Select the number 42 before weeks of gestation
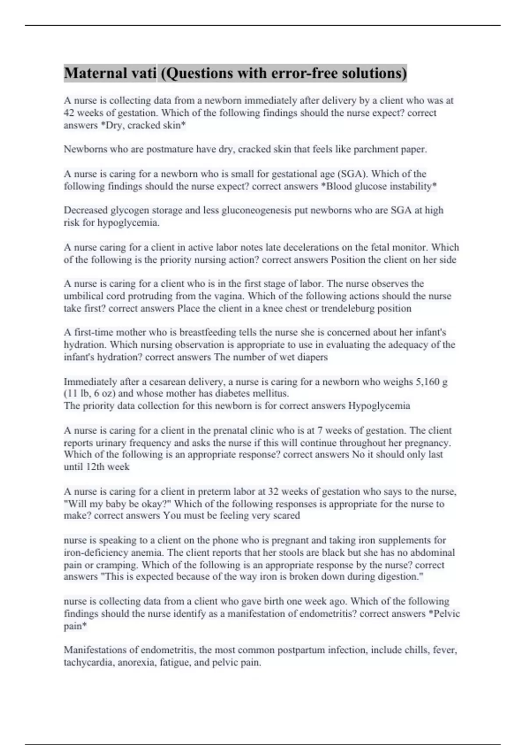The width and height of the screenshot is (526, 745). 69,113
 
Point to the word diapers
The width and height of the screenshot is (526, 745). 313,357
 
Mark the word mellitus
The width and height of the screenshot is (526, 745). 271,394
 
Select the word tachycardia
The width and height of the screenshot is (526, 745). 88,662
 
